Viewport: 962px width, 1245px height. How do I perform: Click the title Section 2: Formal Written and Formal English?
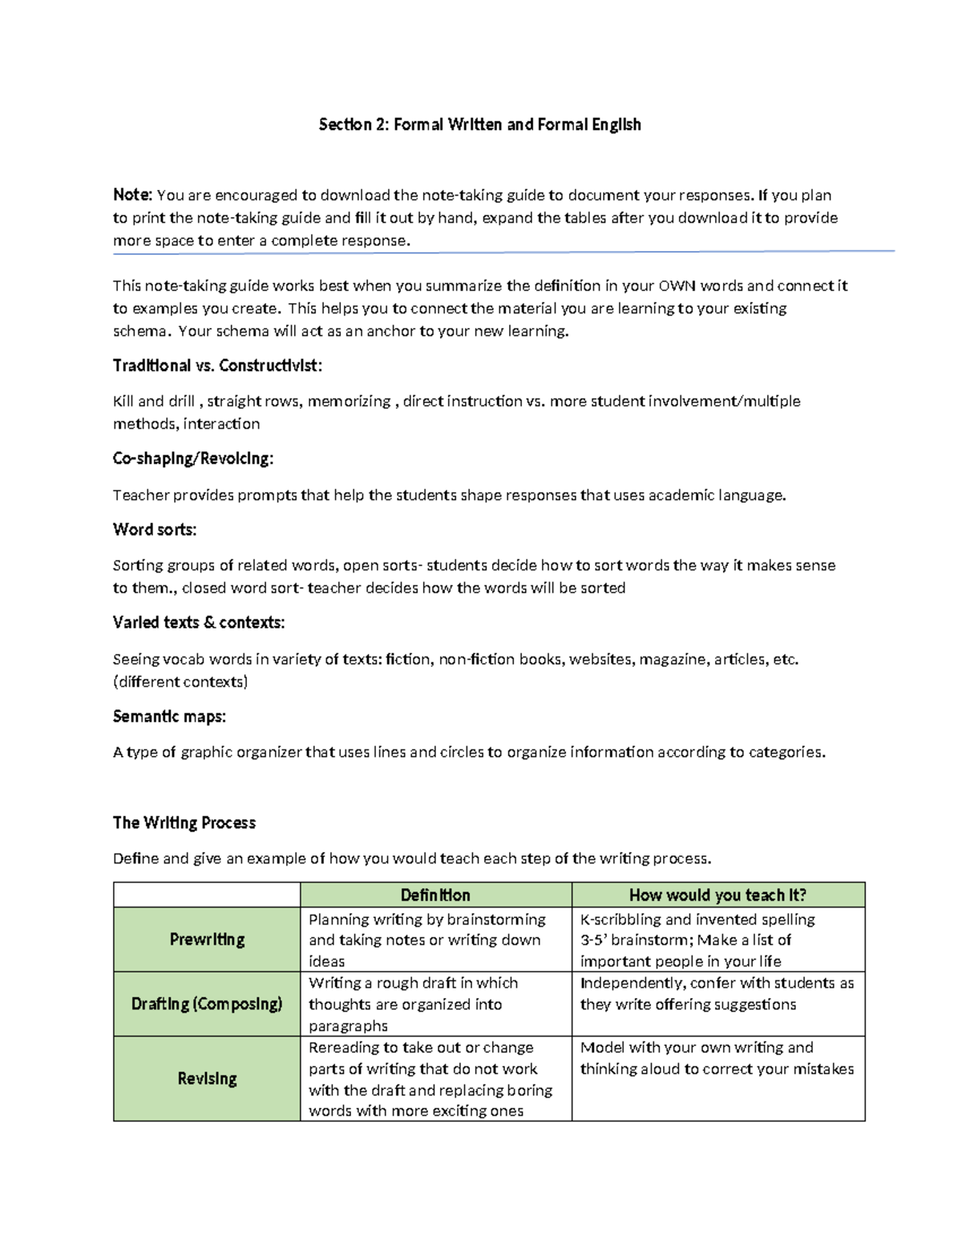coord(479,124)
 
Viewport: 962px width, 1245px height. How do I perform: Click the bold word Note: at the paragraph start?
coord(132,195)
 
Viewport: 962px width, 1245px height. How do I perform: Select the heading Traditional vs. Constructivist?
coord(217,366)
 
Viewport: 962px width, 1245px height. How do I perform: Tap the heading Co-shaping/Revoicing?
coord(192,459)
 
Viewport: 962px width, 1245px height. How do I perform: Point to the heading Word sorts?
coord(155,529)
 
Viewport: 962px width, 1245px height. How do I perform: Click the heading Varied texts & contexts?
coord(199,622)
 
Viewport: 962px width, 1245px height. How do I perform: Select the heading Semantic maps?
coord(169,716)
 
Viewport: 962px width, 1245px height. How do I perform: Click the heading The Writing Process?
coord(184,823)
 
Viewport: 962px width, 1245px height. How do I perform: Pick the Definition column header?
coord(435,895)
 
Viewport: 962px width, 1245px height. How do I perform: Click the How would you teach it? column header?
coord(717,895)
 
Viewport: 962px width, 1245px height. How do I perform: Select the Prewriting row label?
coord(207,940)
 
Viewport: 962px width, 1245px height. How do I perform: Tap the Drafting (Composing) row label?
coord(207,1004)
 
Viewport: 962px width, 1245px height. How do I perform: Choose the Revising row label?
coord(207,1078)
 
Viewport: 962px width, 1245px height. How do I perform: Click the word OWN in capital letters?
coord(677,286)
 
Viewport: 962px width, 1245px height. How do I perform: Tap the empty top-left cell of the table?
coord(207,895)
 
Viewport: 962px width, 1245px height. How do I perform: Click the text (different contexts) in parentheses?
coord(180,682)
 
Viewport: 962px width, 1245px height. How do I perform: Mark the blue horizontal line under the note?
coord(503,252)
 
